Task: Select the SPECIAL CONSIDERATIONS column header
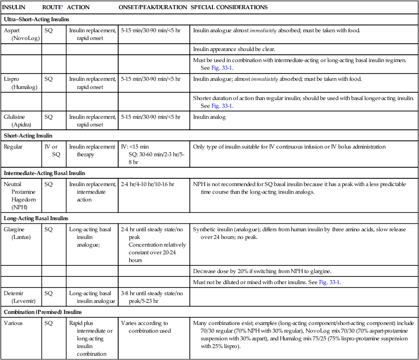tap(229, 8)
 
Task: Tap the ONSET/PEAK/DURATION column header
tap(152, 8)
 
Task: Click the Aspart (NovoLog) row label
tap(18, 34)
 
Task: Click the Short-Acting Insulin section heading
tap(28, 136)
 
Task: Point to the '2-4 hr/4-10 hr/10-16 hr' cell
tap(148, 184)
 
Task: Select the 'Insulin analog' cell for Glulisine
tap(209, 117)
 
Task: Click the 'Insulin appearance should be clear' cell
tap(234, 49)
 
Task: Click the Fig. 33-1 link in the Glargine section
tap(330, 282)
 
